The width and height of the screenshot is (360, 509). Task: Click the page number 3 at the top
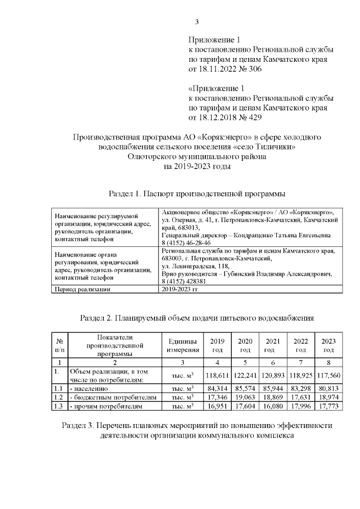tap(197, 22)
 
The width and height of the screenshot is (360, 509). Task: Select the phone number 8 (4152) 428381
tap(183, 281)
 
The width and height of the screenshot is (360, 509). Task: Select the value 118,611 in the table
tap(217, 375)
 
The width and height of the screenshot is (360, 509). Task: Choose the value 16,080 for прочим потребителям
tap(273, 406)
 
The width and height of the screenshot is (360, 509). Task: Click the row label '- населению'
tap(88, 389)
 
